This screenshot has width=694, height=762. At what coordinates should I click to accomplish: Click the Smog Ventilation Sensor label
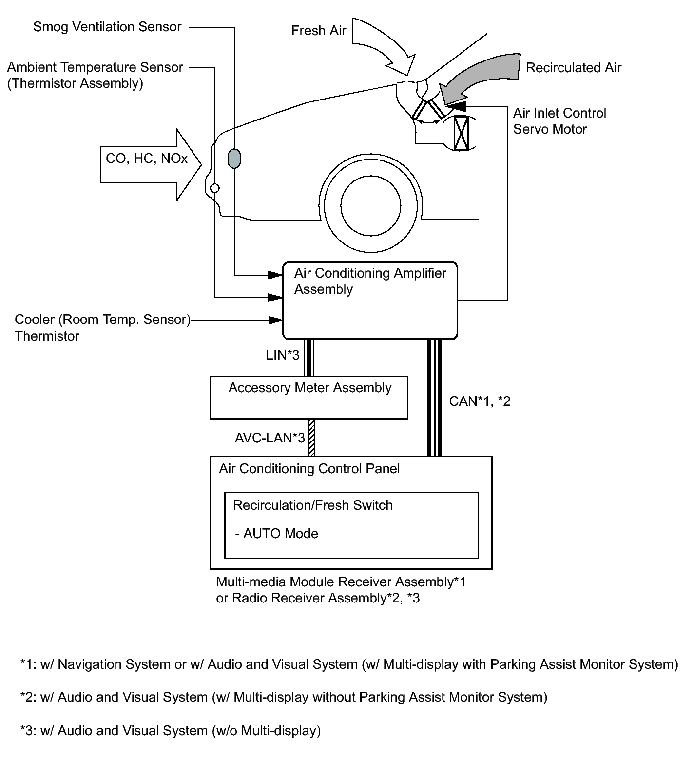107,27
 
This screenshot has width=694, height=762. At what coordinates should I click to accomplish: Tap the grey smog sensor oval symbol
234,159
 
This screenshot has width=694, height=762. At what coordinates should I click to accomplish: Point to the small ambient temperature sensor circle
214,188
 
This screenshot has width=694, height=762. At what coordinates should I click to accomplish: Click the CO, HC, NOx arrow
151,164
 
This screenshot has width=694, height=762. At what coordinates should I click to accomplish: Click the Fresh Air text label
319,31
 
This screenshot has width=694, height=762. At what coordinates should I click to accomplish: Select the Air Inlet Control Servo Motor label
559,121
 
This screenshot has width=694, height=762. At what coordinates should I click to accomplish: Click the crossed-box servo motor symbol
461,134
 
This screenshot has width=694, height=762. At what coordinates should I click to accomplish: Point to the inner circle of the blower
371,205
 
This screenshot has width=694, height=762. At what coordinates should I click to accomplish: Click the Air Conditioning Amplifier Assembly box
370,301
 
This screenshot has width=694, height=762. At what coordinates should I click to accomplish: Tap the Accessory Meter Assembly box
308,397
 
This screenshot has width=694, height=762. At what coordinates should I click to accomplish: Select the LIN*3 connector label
283,355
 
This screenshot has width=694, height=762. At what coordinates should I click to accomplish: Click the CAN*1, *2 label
480,401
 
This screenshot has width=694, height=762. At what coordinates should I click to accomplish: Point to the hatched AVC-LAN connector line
312,438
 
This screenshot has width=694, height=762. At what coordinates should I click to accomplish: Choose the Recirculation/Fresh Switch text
313,505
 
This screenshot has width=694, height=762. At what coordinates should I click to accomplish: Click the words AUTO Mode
281,534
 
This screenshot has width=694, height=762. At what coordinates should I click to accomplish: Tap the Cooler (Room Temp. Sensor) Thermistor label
102,327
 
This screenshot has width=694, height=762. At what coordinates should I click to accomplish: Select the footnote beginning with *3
171,731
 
